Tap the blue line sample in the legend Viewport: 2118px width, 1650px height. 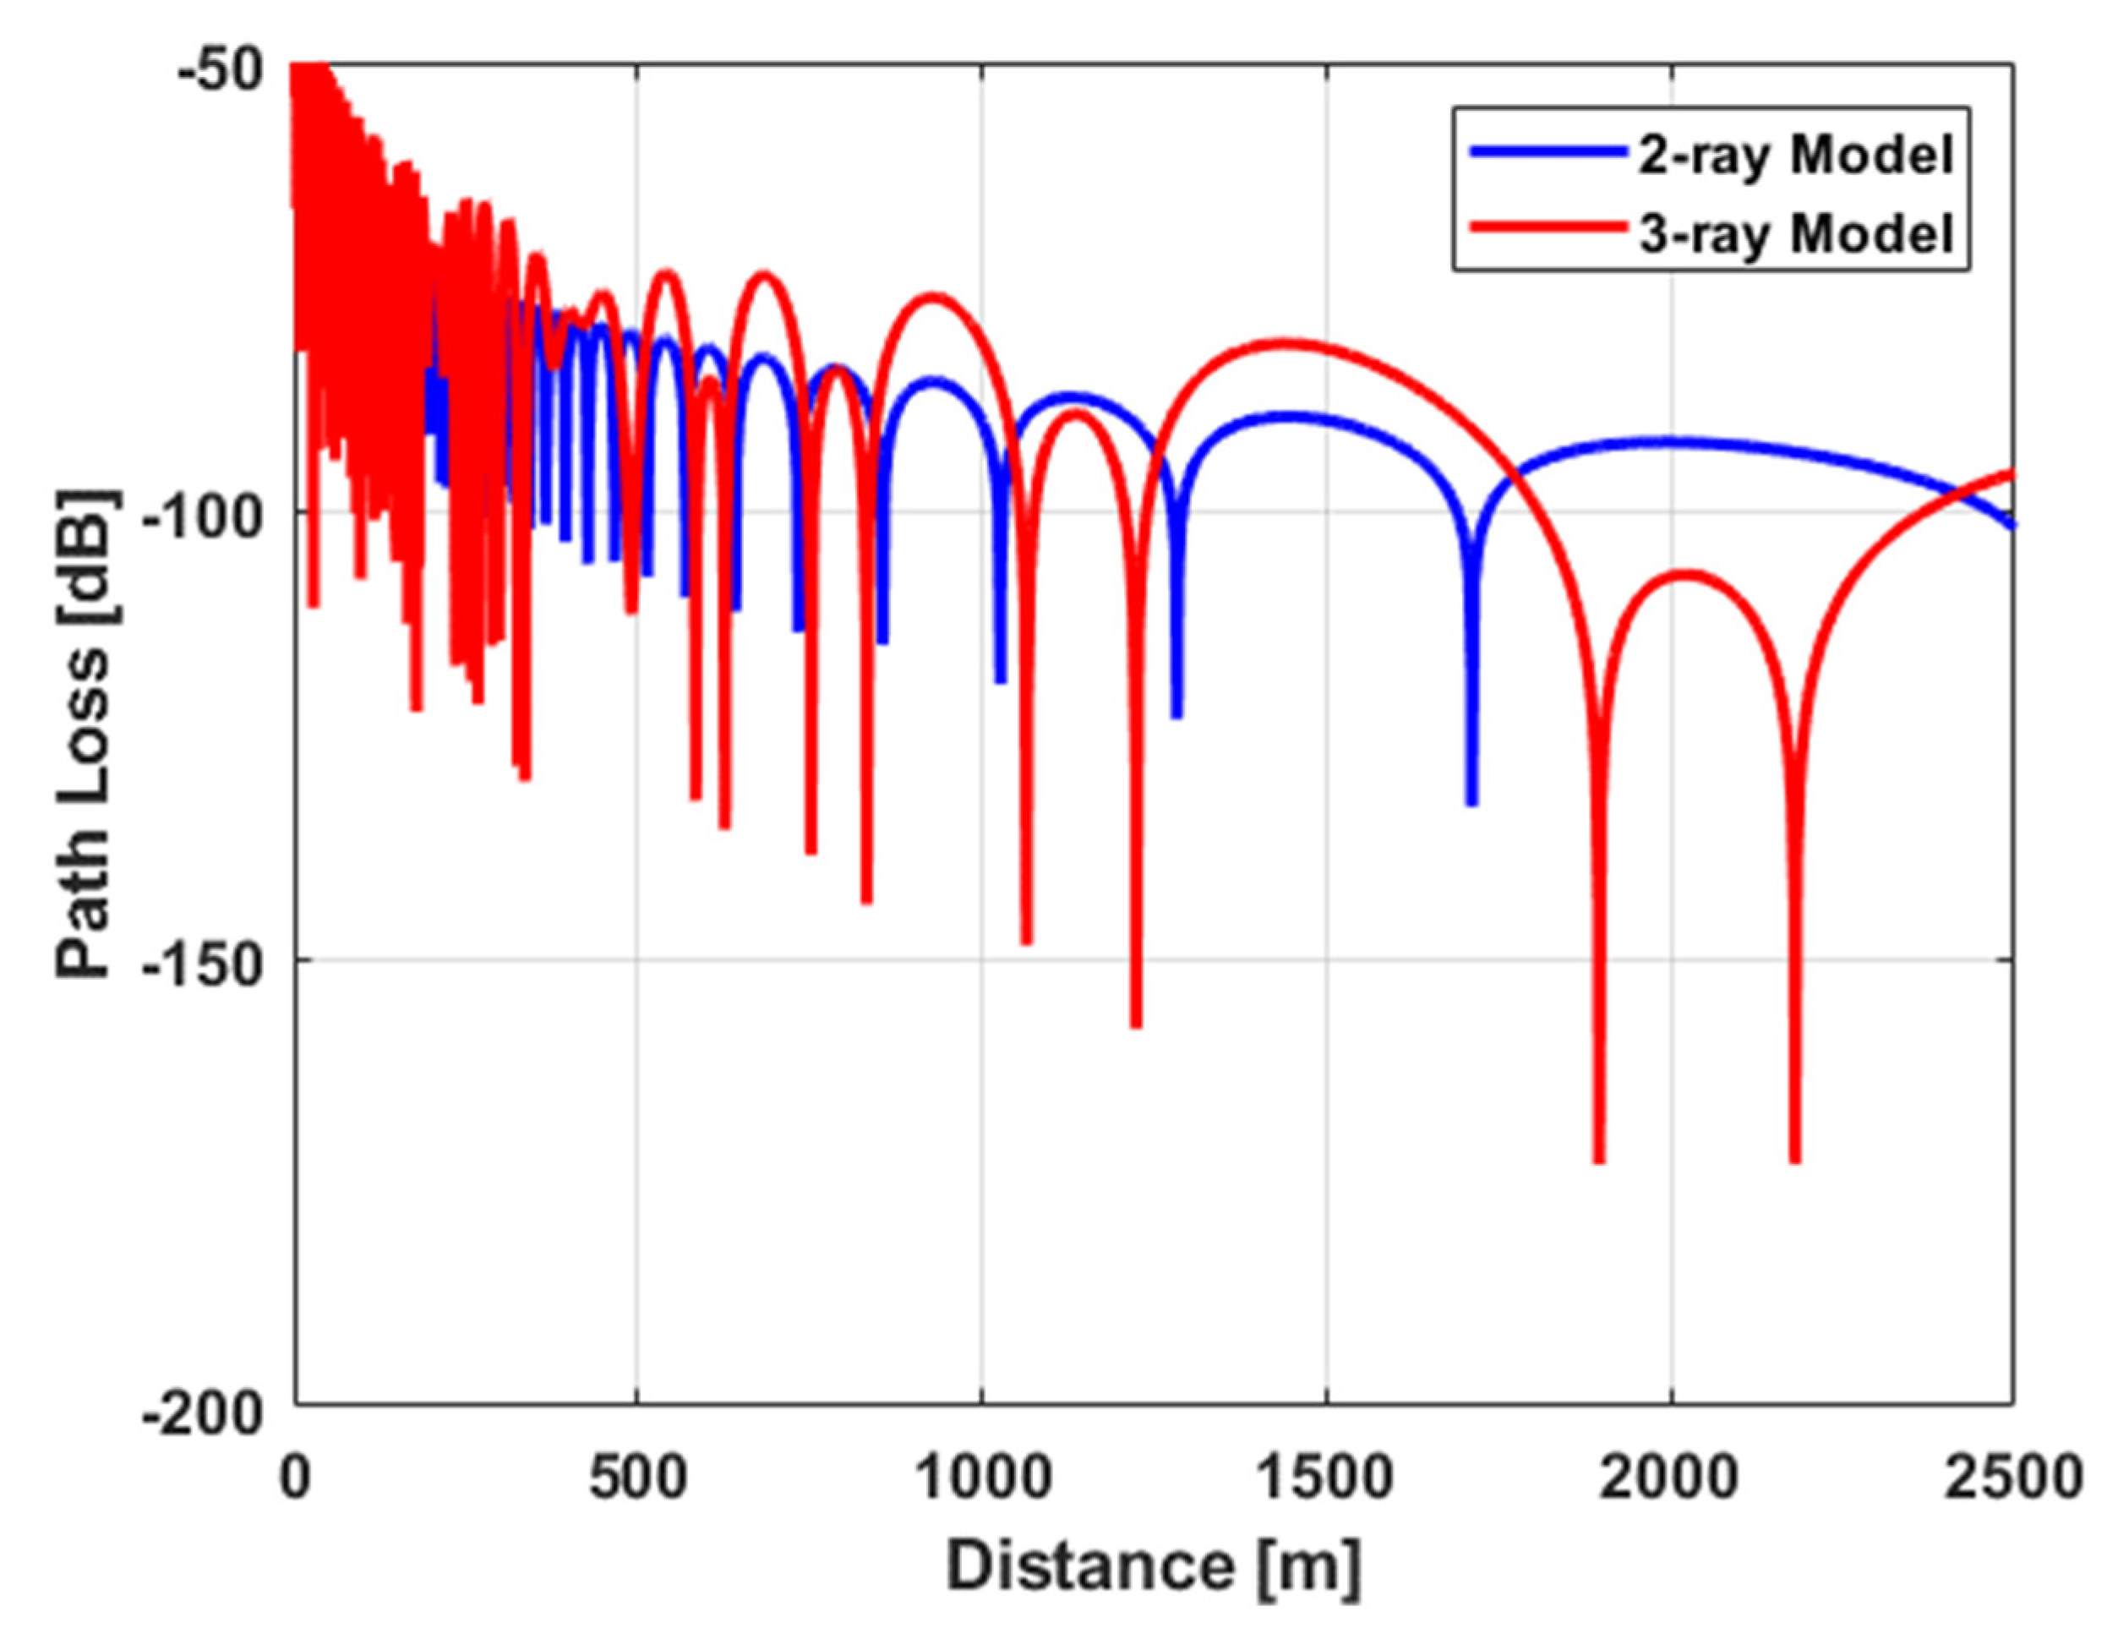coord(1548,151)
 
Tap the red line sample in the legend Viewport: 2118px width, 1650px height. coord(1548,230)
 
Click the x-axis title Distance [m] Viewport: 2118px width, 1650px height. coord(1154,1566)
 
